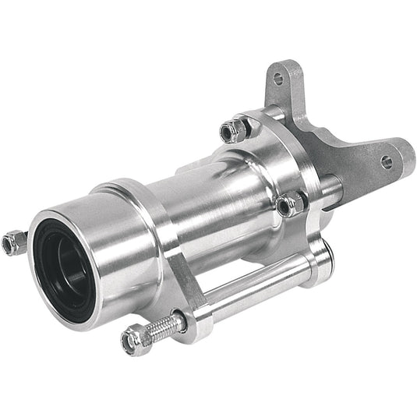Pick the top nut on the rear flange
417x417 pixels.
pyautogui.click(x=234, y=129)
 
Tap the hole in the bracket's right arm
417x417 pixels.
pyautogui.click(x=387, y=162)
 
